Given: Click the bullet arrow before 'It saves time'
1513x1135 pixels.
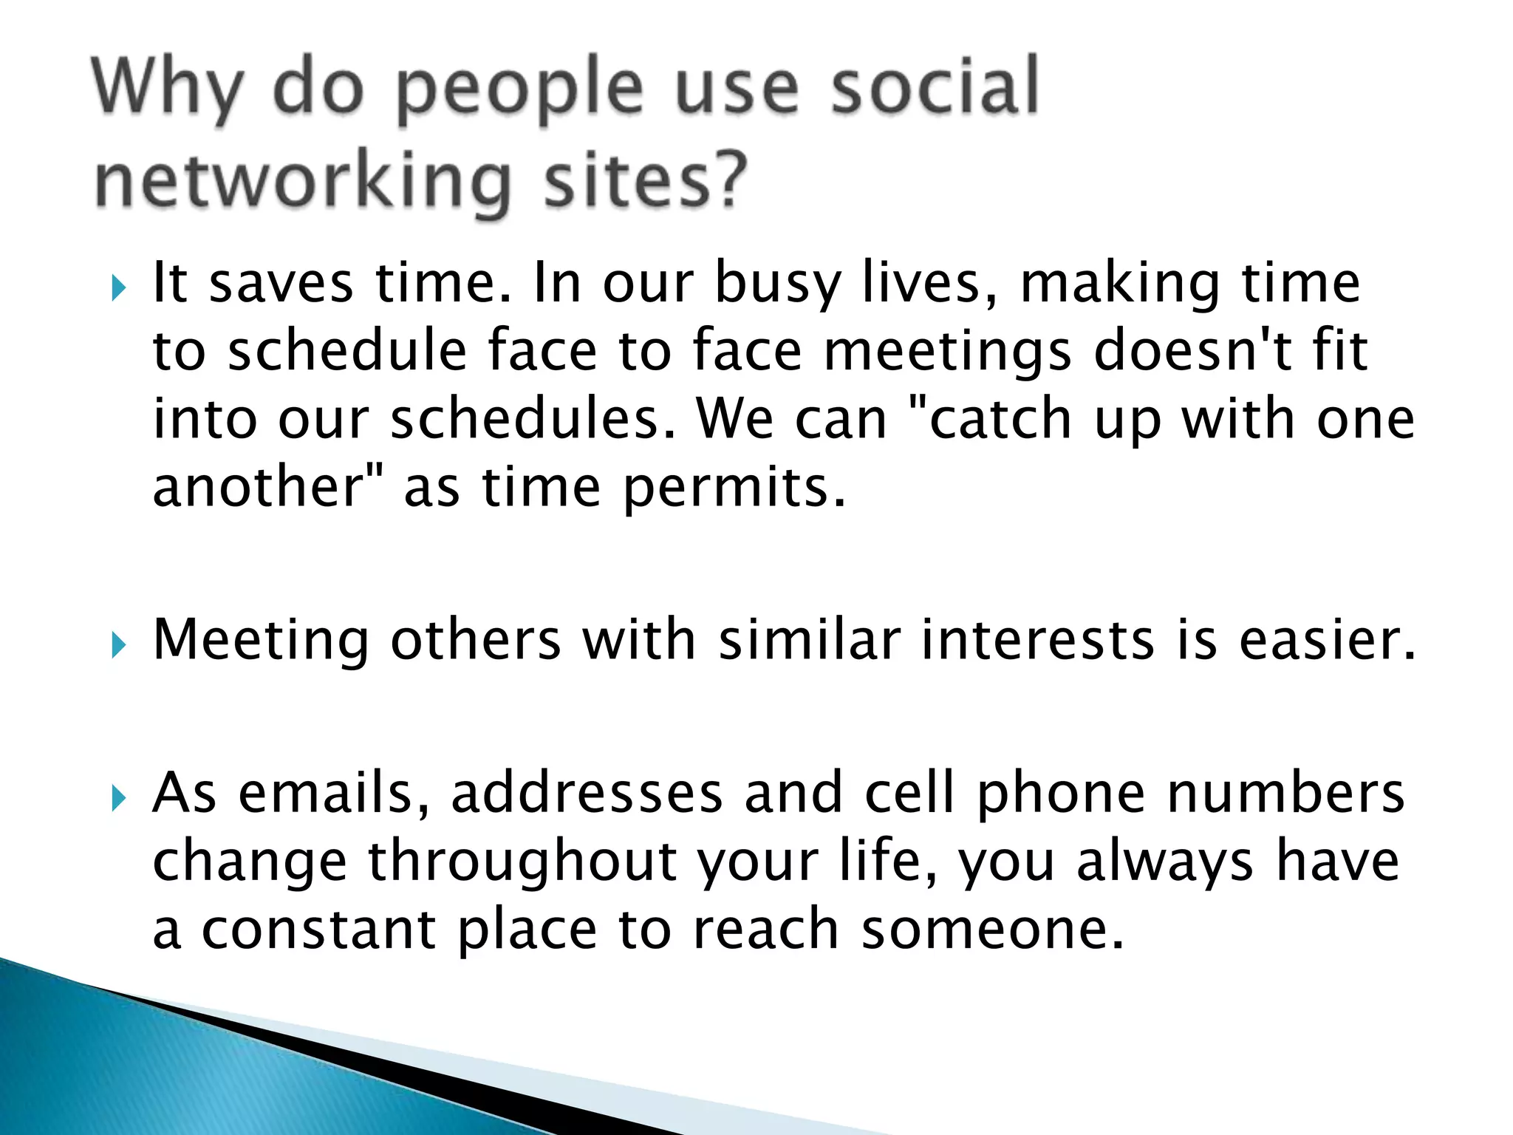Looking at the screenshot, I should click(118, 288).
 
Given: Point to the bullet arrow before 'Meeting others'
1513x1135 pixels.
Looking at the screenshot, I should click(118, 645).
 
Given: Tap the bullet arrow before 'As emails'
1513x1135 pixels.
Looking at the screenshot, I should click(118, 798).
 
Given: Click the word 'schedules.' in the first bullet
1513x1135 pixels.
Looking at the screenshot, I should click(533, 419).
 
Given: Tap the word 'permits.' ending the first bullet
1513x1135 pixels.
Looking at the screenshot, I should click(734, 489).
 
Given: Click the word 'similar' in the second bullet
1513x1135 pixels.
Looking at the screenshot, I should click(810, 639).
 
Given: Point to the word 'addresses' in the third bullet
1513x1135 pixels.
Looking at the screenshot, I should click(587, 793).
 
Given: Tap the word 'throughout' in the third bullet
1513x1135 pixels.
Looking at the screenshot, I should click(522, 862).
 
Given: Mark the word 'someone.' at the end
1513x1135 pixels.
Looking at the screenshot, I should click(993, 929).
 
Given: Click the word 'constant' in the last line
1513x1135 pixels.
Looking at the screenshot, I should click(318, 929).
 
